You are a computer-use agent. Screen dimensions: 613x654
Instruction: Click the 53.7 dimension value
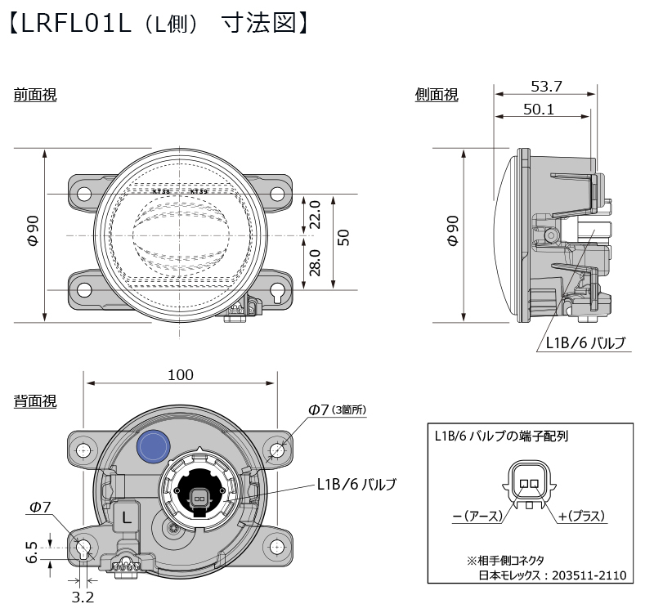pos(546,85)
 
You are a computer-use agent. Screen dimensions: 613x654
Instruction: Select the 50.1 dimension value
pos(539,108)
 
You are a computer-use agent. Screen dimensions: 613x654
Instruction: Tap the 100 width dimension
pos(180,374)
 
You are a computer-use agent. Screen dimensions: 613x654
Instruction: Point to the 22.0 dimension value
pos(315,216)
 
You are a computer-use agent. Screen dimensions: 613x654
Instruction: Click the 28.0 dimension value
pos(315,263)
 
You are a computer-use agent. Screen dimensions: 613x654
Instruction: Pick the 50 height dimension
pos(344,238)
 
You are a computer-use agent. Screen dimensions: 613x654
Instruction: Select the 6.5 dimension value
pos(31,553)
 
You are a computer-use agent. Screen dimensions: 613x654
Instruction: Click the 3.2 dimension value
pos(83,597)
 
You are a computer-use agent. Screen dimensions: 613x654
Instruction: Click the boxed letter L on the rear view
pos(127,517)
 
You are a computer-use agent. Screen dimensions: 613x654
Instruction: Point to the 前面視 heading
pos(35,95)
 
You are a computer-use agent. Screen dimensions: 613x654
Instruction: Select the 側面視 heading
pos(437,95)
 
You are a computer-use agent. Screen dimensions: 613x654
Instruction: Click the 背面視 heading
pos(35,401)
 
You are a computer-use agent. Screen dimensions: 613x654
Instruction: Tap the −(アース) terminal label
pos(483,517)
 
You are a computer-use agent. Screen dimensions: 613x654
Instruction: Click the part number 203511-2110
pos(589,575)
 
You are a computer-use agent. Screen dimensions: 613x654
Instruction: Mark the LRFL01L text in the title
pos(77,23)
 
